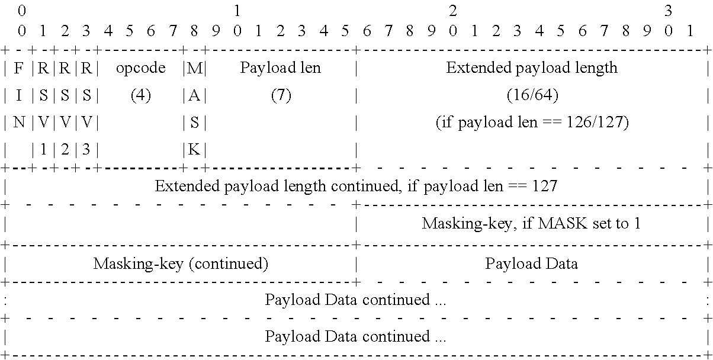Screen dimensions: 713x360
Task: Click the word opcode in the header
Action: tap(140, 68)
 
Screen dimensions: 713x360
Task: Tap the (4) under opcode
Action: tap(140, 95)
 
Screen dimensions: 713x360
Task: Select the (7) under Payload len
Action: tap(281, 95)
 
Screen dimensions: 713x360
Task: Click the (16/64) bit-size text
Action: tap(532, 95)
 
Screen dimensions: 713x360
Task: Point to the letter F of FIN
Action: tap(18, 68)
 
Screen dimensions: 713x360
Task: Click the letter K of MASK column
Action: tap(194, 150)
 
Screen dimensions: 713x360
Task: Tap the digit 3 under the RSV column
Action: tap(86, 150)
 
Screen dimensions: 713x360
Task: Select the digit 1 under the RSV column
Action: tap(43, 150)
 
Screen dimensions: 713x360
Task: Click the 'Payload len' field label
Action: tap(280, 68)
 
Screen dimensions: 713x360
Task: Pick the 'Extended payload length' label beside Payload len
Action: tap(532, 68)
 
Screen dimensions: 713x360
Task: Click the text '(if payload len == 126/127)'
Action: tap(532, 123)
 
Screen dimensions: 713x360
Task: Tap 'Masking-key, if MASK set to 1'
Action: tap(531, 224)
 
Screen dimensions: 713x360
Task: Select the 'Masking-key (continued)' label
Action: tap(181, 263)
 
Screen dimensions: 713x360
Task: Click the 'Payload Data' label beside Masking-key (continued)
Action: tap(531, 263)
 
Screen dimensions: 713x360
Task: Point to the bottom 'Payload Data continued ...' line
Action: tap(355, 336)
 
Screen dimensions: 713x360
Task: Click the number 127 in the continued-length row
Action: tap(544, 187)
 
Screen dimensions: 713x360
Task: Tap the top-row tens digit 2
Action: tap(453, 11)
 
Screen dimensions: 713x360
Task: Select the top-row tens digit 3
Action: tap(668, 11)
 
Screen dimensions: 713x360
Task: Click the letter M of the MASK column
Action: tap(194, 68)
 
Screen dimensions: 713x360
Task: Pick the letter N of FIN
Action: tap(18, 123)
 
